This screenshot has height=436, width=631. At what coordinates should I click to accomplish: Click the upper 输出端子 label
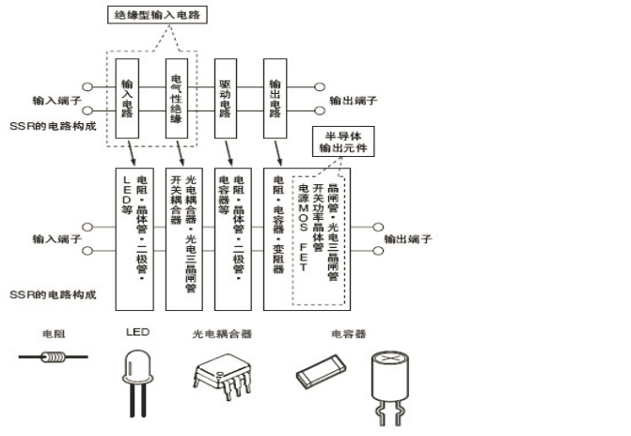[x=354, y=100]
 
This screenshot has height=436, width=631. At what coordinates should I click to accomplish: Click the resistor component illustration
[x=54, y=358]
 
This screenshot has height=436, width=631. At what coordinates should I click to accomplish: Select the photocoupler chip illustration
[x=222, y=373]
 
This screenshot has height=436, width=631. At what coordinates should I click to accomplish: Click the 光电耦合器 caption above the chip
[x=222, y=334]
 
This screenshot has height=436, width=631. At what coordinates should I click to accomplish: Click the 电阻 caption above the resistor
[x=54, y=334]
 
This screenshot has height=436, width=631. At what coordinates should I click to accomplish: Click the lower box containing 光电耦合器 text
[x=183, y=235]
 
